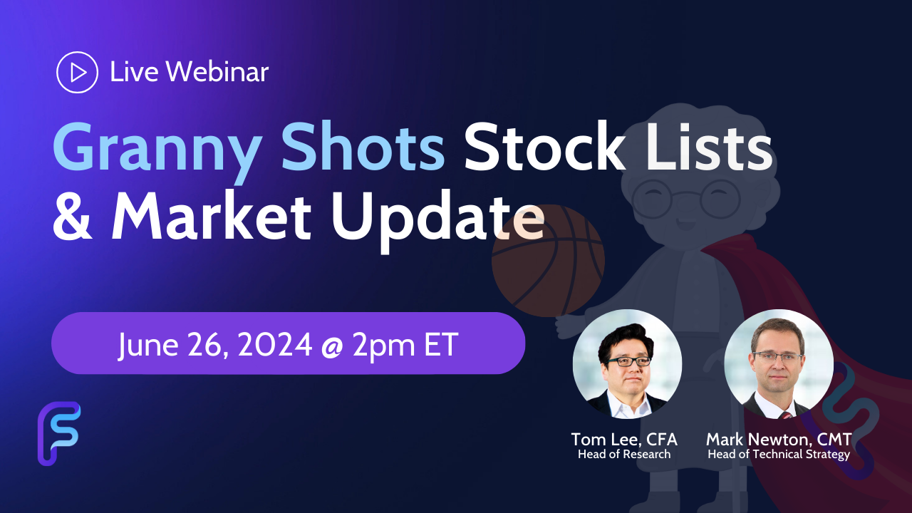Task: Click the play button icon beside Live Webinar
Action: [76, 72]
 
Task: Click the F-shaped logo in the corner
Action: [58, 433]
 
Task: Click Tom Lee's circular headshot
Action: [627, 363]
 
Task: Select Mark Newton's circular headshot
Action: [779, 363]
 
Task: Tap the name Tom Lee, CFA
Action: [624, 439]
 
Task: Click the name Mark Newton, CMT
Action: [779, 439]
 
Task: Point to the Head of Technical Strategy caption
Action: [779, 455]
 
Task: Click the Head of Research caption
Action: [624, 455]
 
